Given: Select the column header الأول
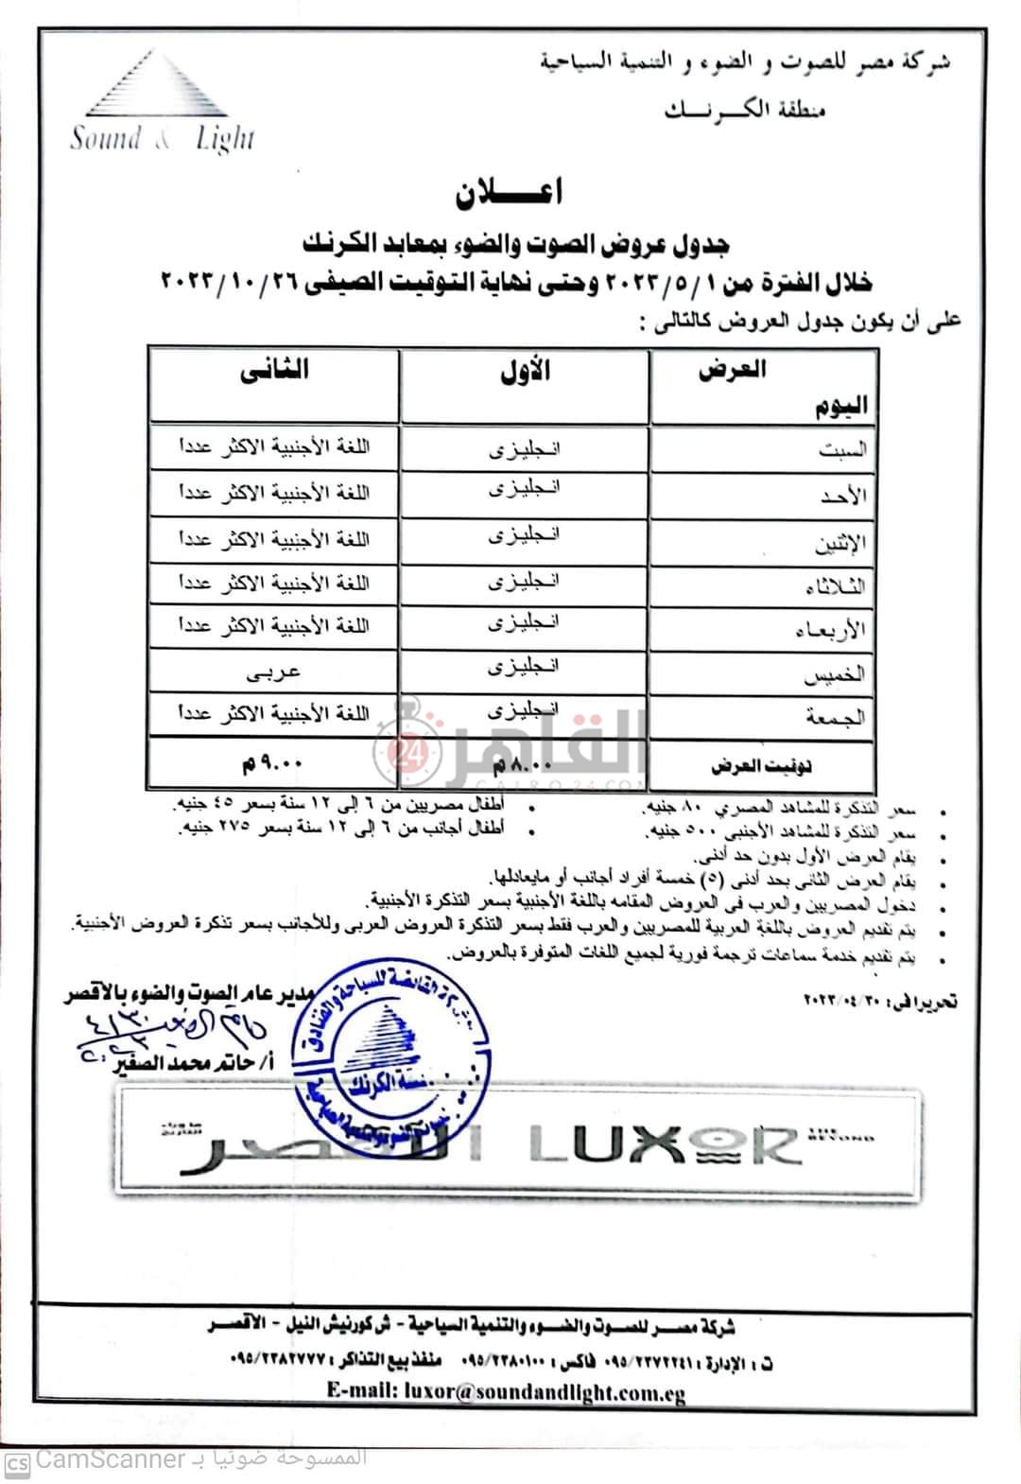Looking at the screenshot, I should (525, 371).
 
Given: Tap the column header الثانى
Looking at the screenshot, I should (274, 371).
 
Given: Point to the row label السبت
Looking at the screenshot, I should (842, 451).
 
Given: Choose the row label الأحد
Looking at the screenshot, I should (844, 496).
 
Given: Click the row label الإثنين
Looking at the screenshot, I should (839, 542).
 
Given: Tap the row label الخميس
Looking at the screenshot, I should (838, 674).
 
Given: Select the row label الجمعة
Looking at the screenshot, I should (836, 718).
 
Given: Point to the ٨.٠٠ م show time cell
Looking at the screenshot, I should (524, 762).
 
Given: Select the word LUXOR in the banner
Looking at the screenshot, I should (662, 1144).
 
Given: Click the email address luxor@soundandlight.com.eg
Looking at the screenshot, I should (506, 1392).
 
